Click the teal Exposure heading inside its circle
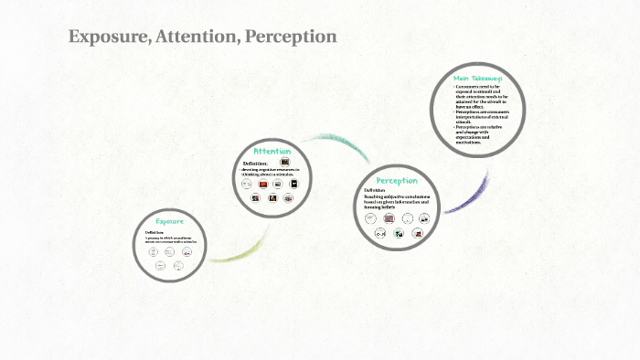[169, 221]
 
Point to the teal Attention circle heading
[272, 151]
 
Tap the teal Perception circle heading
[396, 180]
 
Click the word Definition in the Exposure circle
[154, 232]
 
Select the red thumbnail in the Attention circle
[263, 185]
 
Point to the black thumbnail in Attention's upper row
[293, 185]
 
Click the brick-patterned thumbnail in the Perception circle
[389, 219]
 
